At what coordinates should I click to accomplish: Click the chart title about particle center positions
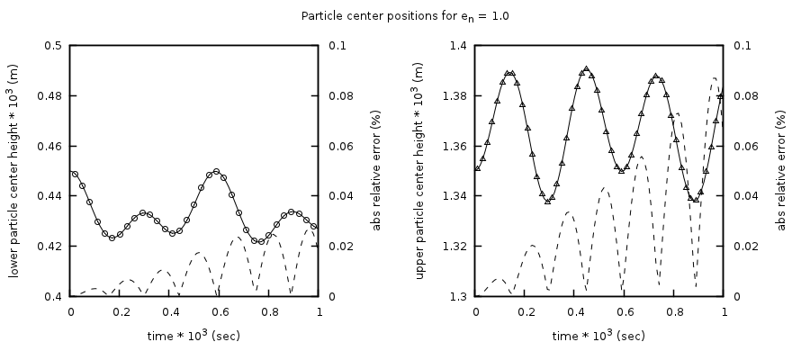(404, 15)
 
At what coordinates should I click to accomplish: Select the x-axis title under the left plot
(194, 336)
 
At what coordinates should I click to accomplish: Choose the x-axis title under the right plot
(599, 336)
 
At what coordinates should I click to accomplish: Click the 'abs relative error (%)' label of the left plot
(377, 171)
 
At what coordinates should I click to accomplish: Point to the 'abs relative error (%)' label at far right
(782, 171)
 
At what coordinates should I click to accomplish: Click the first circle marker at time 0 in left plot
(75, 174)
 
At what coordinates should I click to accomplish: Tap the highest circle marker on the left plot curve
(216, 171)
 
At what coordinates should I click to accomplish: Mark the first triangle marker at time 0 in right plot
(477, 168)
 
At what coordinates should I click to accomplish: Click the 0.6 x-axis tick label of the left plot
(220, 311)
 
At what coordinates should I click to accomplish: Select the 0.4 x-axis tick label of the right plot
(575, 311)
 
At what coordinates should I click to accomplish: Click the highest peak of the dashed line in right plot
(715, 78)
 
